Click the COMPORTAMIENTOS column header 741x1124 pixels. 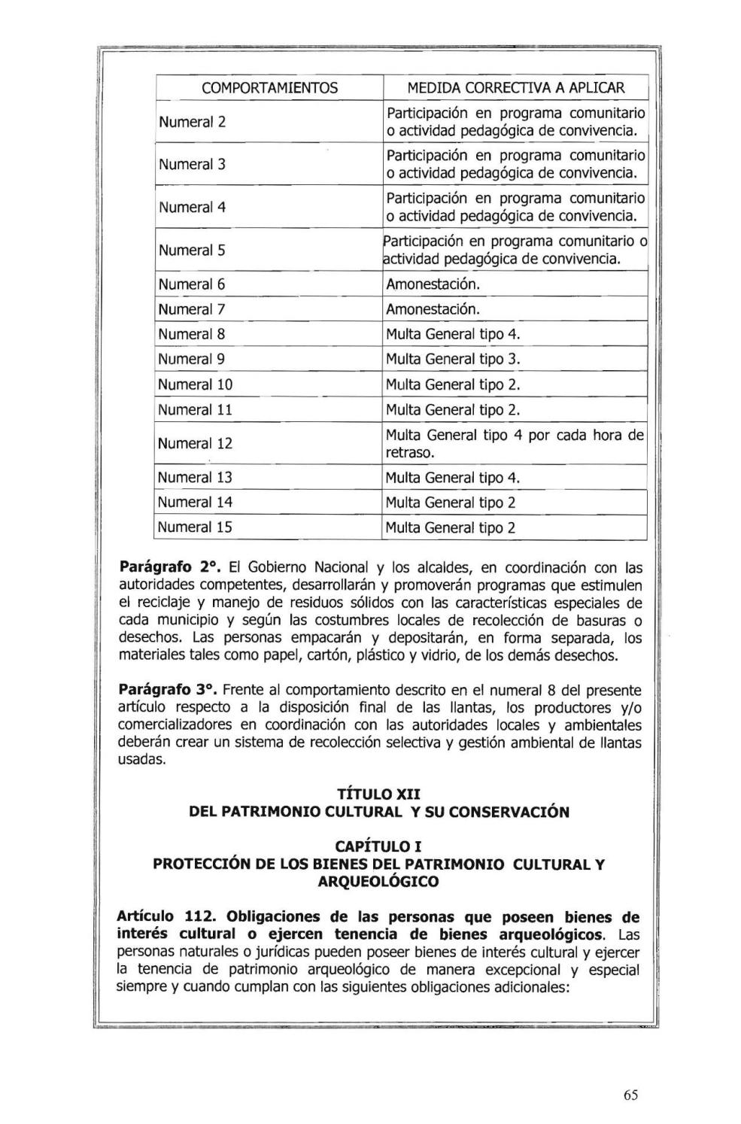[269, 88]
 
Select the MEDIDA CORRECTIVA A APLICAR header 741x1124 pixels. [515, 88]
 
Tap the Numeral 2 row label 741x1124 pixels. [192, 122]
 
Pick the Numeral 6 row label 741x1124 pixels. [192, 284]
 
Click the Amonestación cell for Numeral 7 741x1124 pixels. [433, 309]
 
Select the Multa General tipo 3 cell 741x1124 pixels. [453, 359]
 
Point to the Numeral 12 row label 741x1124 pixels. [195, 443]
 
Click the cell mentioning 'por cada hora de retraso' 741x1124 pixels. [515, 444]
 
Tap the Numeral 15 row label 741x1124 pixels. [195, 527]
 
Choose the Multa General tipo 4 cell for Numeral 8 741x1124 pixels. [453, 334]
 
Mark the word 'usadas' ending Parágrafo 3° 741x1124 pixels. [141, 760]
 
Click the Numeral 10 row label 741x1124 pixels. [195, 384]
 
